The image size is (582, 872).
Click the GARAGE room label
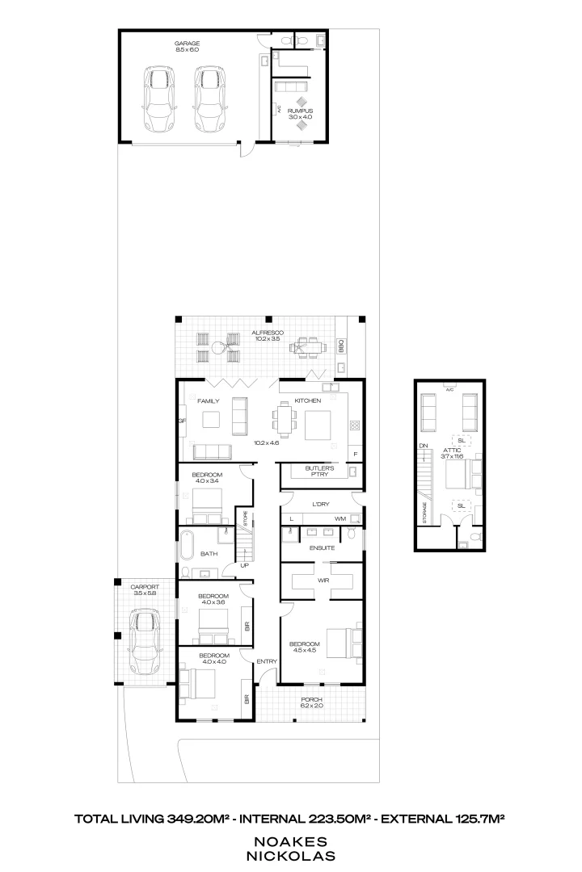click(x=187, y=44)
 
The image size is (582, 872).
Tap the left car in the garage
click(x=159, y=99)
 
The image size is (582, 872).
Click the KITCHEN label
click(x=308, y=400)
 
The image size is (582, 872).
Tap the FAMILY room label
click(x=209, y=400)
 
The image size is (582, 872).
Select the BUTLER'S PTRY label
click(x=319, y=472)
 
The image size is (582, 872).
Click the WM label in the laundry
click(x=340, y=518)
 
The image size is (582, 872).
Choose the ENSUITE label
click(x=323, y=548)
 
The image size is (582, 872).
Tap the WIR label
click(x=323, y=581)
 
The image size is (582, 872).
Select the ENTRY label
click(x=267, y=662)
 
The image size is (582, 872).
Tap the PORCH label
click(x=311, y=701)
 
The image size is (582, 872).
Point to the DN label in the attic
click(x=422, y=446)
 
